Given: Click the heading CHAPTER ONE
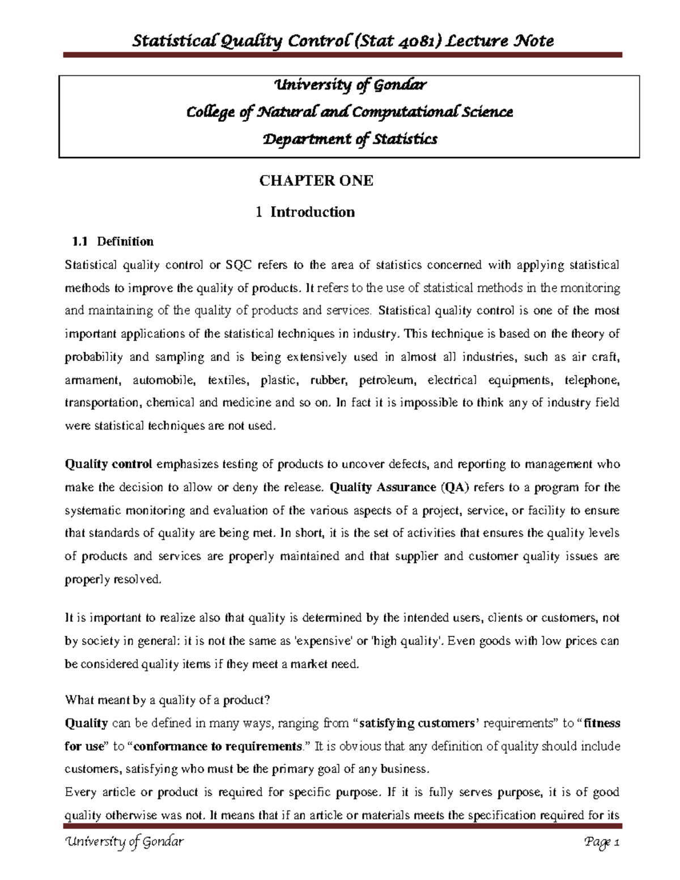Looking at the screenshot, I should tap(316, 181).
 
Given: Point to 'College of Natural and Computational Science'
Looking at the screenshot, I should tap(350, 112).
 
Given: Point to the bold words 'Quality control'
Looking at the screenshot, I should tap(108, 465).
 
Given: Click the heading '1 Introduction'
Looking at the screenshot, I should tap(305, 212).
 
